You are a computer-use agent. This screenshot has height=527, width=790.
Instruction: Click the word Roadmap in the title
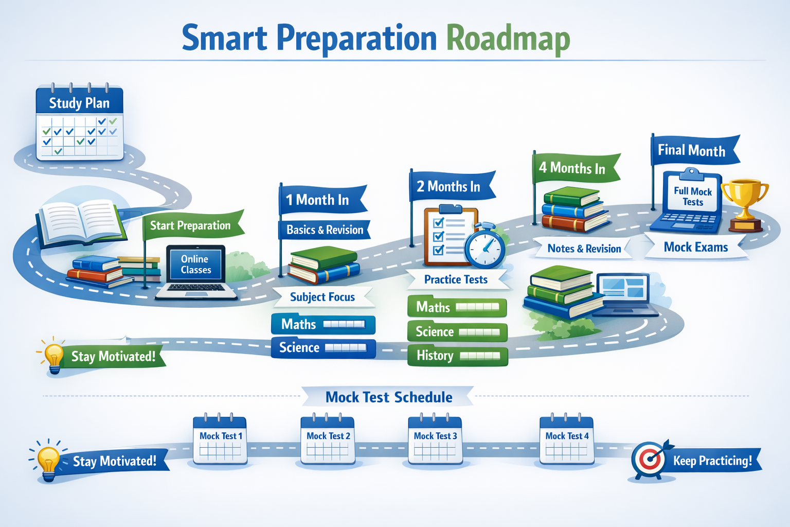(508, 39)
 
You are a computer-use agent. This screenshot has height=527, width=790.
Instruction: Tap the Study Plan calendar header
(79, 102)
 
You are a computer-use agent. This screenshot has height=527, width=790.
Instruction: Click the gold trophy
(744, 201)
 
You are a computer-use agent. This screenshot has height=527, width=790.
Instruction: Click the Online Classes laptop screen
(195, 265)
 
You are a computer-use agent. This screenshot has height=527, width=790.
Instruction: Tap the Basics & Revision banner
(325, 230)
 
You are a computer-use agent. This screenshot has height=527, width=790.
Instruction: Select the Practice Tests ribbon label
(456, 279)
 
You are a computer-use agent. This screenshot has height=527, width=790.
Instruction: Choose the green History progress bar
(457, 356)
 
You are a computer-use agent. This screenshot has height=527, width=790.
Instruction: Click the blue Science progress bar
(323, 348)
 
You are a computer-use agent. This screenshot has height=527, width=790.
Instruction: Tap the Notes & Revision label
(584, 249)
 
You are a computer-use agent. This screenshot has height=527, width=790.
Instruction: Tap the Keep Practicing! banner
(713, 461)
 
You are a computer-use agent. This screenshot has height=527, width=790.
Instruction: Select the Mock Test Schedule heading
(389, 397)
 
